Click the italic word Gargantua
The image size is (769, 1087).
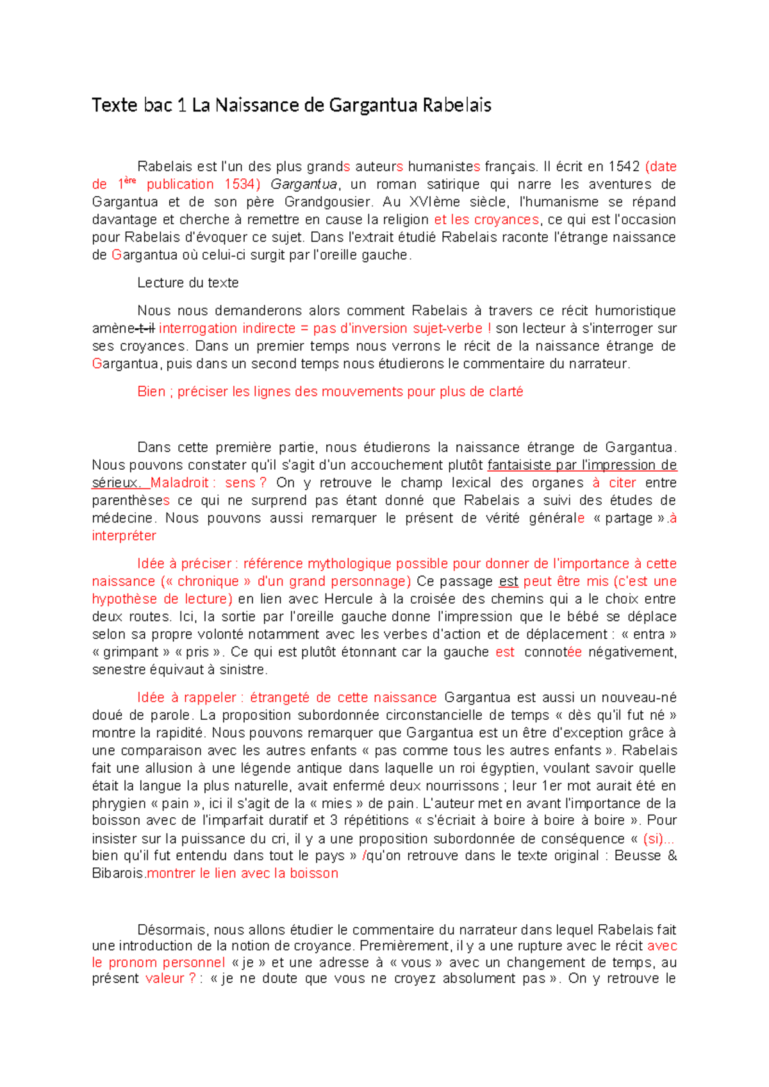303,185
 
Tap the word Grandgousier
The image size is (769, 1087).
327,202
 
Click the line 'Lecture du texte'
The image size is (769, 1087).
188,283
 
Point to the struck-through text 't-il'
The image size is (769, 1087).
145,329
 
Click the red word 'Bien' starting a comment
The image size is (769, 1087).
151,392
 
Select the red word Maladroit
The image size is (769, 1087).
179,483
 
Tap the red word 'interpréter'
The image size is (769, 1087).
124,536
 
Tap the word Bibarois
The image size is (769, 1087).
118,874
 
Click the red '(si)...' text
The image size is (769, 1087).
658,839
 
